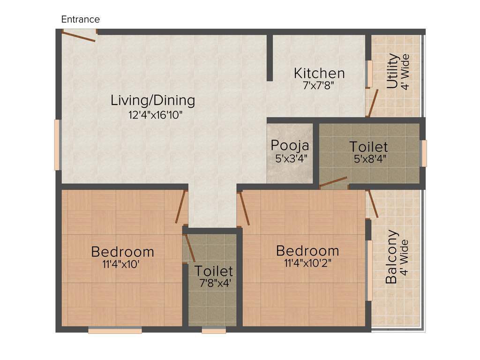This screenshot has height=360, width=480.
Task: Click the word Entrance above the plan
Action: (81, 19)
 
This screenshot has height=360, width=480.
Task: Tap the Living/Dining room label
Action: (153, 100)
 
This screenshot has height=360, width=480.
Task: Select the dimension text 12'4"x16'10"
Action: (155, 114)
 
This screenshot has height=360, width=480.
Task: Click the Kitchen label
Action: (319, 73)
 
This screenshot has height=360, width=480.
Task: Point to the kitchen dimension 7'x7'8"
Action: (319, 86)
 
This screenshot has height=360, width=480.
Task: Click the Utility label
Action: (393, 71)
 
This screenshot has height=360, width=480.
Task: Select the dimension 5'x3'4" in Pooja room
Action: (291, 158)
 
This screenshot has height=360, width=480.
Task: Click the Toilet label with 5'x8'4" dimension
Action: (368, 146)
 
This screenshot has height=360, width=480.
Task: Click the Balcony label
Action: (392, 256)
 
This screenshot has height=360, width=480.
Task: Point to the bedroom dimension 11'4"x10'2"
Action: (307, 263)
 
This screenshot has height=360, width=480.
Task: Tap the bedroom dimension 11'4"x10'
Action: (121, 264)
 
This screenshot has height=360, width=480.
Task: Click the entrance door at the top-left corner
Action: (79, 36)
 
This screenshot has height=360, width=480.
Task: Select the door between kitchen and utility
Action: (373, 103)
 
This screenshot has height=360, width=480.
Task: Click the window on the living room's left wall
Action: (58, 145)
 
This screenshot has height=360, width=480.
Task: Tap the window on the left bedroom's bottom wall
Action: (115, 330)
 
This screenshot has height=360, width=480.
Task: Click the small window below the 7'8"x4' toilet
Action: (214, 330)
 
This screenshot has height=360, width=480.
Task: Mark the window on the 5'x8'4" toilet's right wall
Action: (424, 153)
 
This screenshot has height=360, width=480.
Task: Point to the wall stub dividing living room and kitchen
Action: (270, 57)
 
